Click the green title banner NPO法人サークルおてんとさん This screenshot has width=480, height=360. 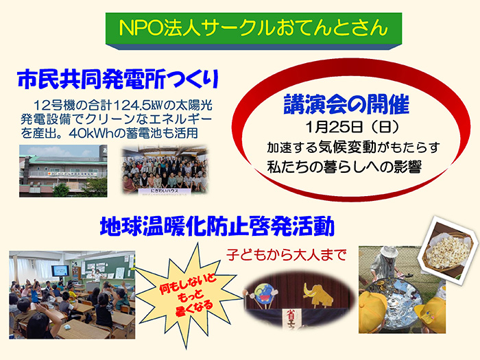click(252, 29)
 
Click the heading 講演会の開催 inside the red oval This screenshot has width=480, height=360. click(346, 104)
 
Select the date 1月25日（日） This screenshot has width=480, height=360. click(346, 128)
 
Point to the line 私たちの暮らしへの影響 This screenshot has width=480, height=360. click(344, 167)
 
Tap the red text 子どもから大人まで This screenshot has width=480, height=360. click(287, 255)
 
